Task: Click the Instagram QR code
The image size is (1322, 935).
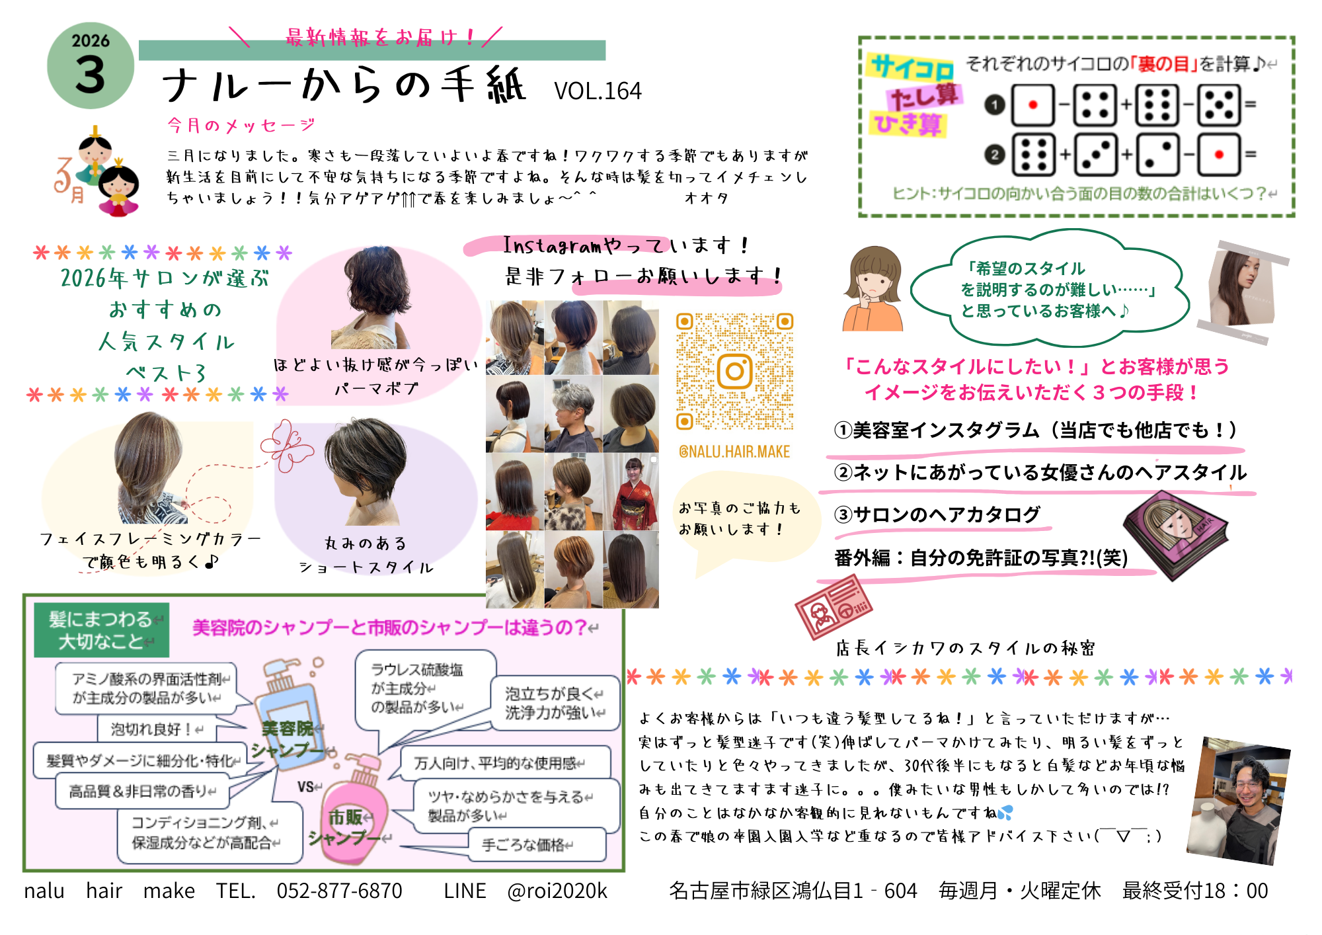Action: (x=734, y=371)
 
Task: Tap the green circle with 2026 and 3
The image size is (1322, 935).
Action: (x=91, y=66)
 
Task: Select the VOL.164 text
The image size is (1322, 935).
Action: (x=598, y=91)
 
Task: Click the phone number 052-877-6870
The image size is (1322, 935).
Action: (x=339, y=891)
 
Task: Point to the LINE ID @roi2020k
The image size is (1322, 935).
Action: (x=557, y=891)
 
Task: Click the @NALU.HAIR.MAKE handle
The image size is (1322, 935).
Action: (x=734, y=452)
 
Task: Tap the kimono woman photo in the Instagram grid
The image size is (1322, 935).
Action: (x=631, y=492)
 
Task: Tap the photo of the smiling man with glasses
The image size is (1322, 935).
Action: (x=1238, y=800)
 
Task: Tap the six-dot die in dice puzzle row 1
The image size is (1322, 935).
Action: (x=1157, y=105)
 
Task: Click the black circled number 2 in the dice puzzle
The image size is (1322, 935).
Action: (x=994, y=155)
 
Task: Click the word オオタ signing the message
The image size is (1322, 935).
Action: (x=707, y=198)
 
